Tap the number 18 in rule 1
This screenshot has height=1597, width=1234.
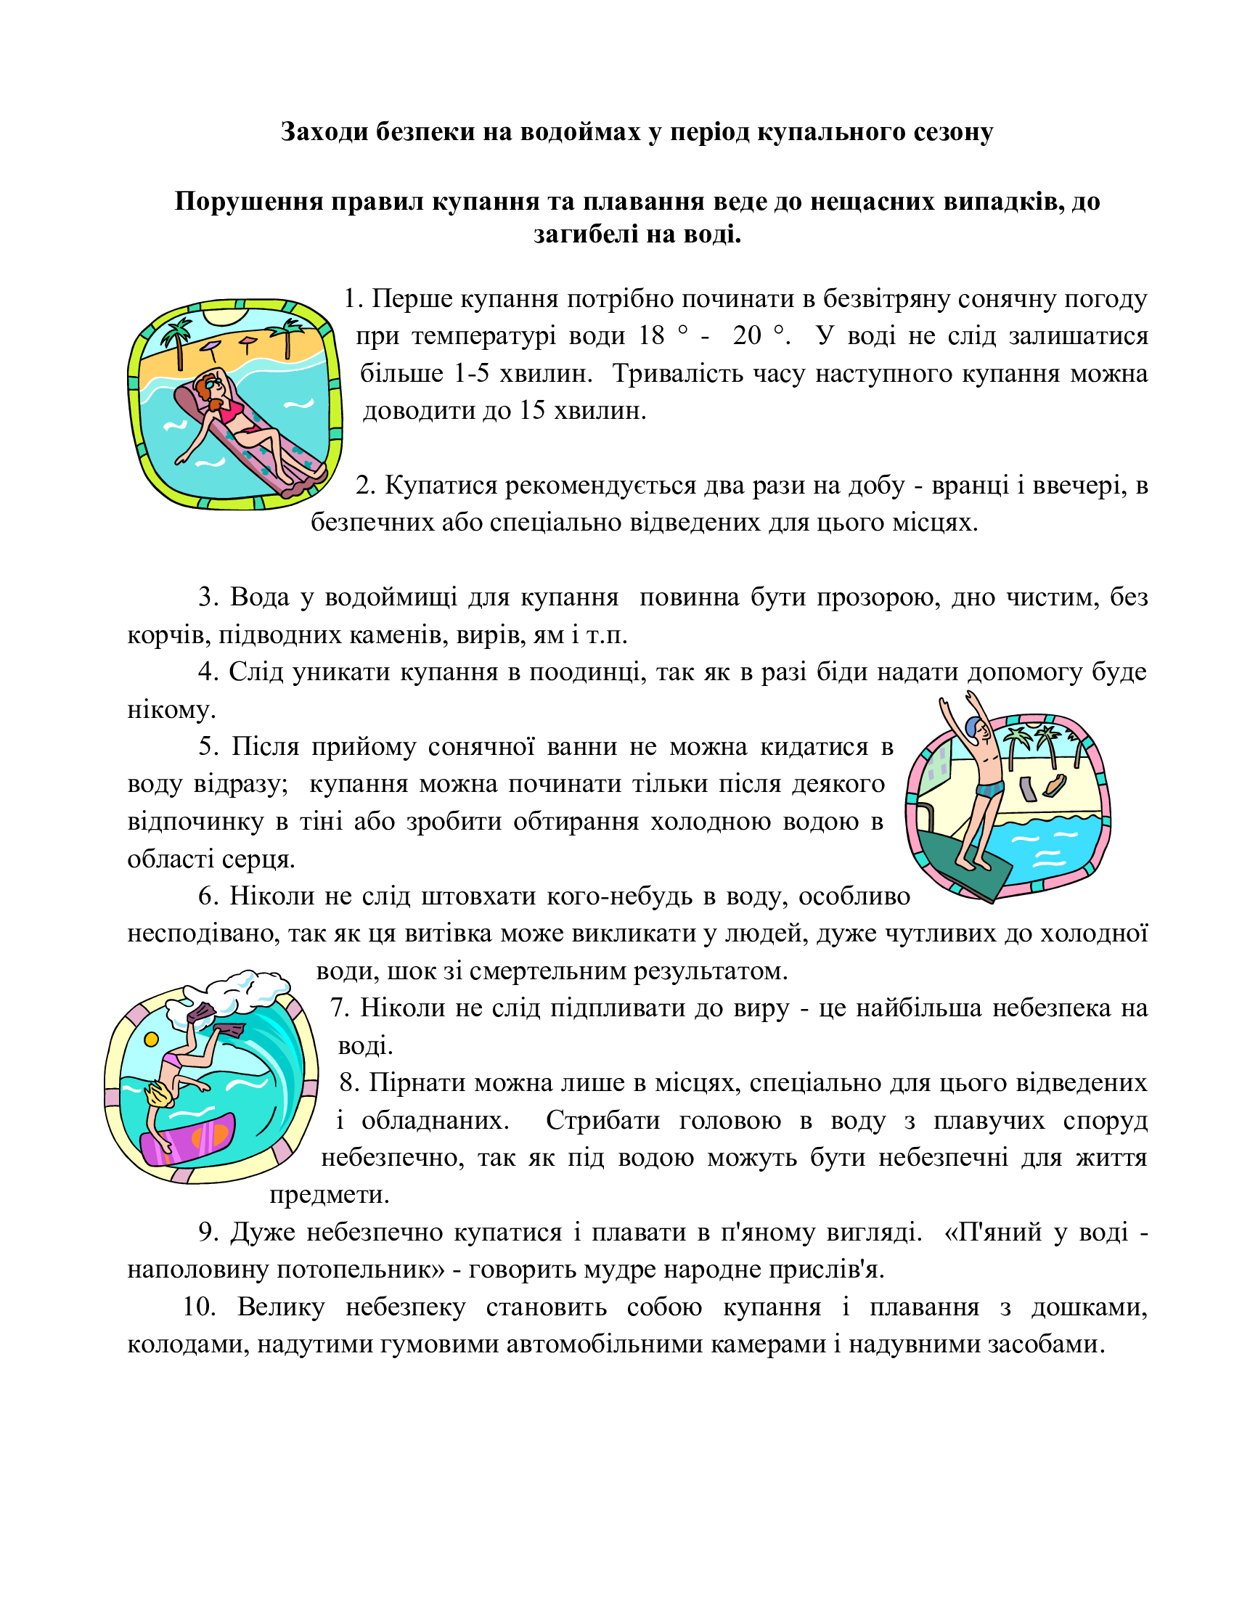tap(650, 335)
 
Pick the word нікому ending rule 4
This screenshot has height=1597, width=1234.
tap(171, 710)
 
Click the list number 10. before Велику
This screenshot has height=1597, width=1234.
tap(198, 1307)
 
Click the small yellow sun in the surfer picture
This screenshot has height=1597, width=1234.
tap(151, 1039)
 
